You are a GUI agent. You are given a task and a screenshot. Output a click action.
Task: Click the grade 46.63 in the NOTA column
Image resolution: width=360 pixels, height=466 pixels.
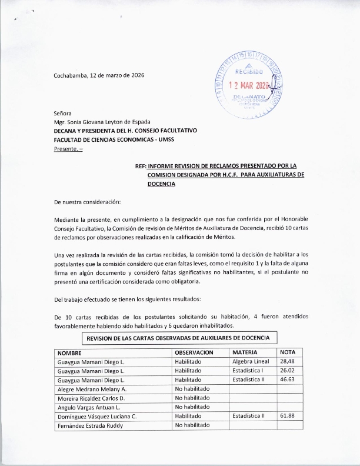(x=288, y=380)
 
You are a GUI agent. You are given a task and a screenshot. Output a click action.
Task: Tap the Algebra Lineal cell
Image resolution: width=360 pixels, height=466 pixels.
(x=251, y=361)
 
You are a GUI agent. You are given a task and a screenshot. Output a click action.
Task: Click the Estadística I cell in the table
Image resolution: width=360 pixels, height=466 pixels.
(x=248, y=371)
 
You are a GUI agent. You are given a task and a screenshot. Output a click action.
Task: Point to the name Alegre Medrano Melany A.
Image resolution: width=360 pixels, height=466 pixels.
(x=91, y=390)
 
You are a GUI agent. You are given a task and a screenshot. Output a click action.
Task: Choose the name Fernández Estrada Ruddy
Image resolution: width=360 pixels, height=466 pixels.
(x=90, y=425)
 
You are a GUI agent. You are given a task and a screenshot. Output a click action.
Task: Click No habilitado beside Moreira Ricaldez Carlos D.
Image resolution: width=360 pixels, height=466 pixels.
(x=192, y=398)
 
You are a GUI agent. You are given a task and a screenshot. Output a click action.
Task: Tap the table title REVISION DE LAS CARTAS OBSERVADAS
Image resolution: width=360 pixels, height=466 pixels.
(x=178, y=338)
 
